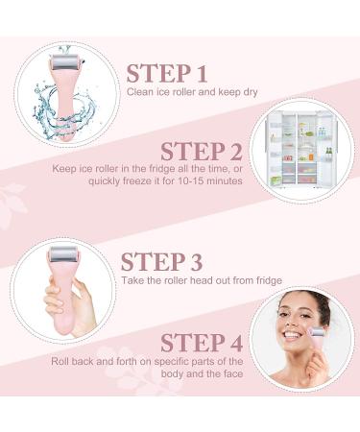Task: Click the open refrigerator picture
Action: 301,150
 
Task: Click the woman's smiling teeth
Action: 290,336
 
